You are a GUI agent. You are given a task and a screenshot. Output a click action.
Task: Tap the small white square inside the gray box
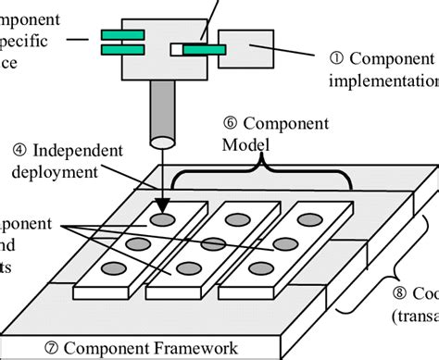(176, 47)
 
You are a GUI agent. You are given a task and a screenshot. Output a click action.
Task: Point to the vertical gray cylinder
(163, 111)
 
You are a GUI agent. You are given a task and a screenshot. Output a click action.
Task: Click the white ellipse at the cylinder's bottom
(163, 143)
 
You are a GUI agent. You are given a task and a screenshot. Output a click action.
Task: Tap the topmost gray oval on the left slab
(163, 221)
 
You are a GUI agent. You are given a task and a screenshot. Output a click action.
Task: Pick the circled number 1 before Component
(336, 57)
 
